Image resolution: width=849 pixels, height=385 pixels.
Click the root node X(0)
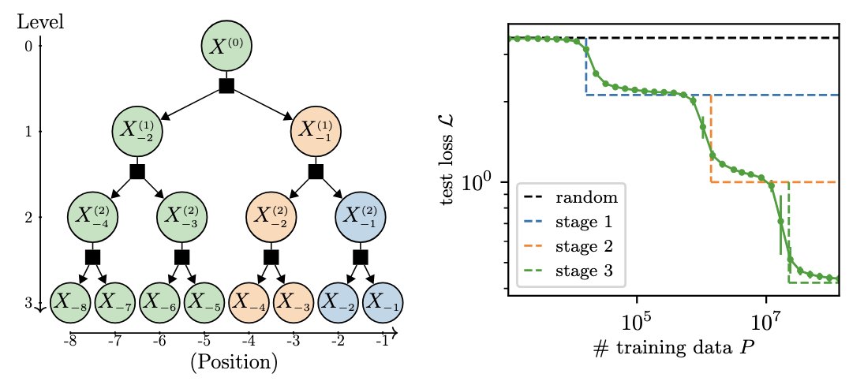pos(226,45)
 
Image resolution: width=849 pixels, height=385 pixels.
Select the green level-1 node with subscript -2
pos(137,131)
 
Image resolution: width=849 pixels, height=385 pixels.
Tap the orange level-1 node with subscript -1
pos(316,131)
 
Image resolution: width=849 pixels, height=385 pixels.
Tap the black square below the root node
pos(226,86)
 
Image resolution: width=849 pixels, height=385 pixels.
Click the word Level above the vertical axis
pos(40,21)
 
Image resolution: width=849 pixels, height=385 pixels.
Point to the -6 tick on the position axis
pos(159,342)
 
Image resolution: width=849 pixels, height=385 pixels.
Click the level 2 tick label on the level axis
pos(28,217)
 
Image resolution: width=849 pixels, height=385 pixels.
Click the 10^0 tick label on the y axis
pos(478,182)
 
